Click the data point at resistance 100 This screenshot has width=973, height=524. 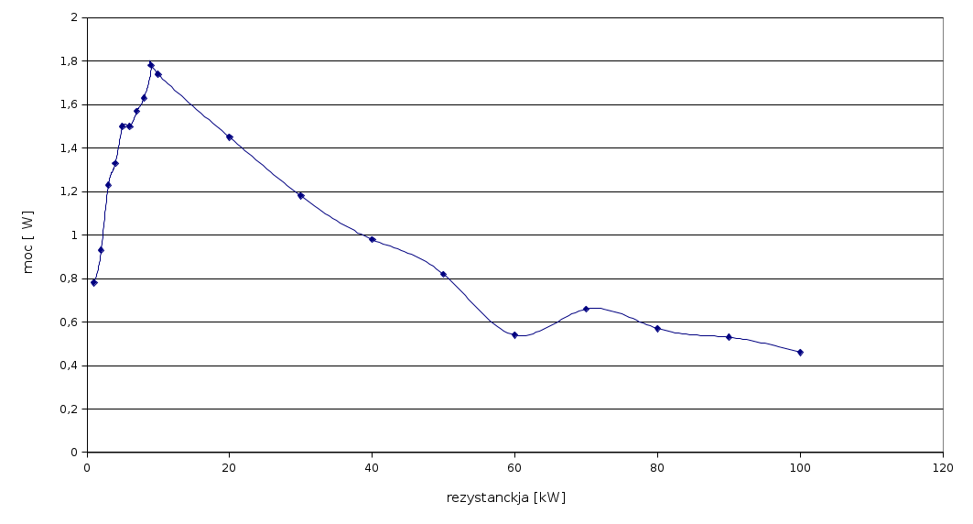(x=800, y=352)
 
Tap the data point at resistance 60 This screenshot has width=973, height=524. (x=514, y=335)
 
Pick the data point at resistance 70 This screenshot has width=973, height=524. (x=586, y=309)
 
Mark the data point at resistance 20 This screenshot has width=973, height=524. (x=229, y=136)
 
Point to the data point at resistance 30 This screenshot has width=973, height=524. (x=300, y=195)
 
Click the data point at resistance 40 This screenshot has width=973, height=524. (x=372, y=239)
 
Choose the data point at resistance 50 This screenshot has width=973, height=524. (x=443, y=274)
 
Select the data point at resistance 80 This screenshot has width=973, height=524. (x=657, y=328)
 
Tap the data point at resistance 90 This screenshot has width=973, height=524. (x=729, y=337)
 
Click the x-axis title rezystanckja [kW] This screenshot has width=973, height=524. (x=506, y=497)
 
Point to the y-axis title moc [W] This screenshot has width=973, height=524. (x=28, y=242)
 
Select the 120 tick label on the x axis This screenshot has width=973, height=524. (x=942, y=468)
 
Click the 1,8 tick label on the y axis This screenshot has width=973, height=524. (x=67, y=61)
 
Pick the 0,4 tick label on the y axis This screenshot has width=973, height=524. (x=67, y=366)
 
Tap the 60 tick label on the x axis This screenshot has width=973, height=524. (x=514, y=468)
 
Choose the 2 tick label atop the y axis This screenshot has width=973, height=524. (x=73, y=17)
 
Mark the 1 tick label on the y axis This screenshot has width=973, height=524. (x=73, y=235)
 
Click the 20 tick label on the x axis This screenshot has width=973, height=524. (x=229, y=468)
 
